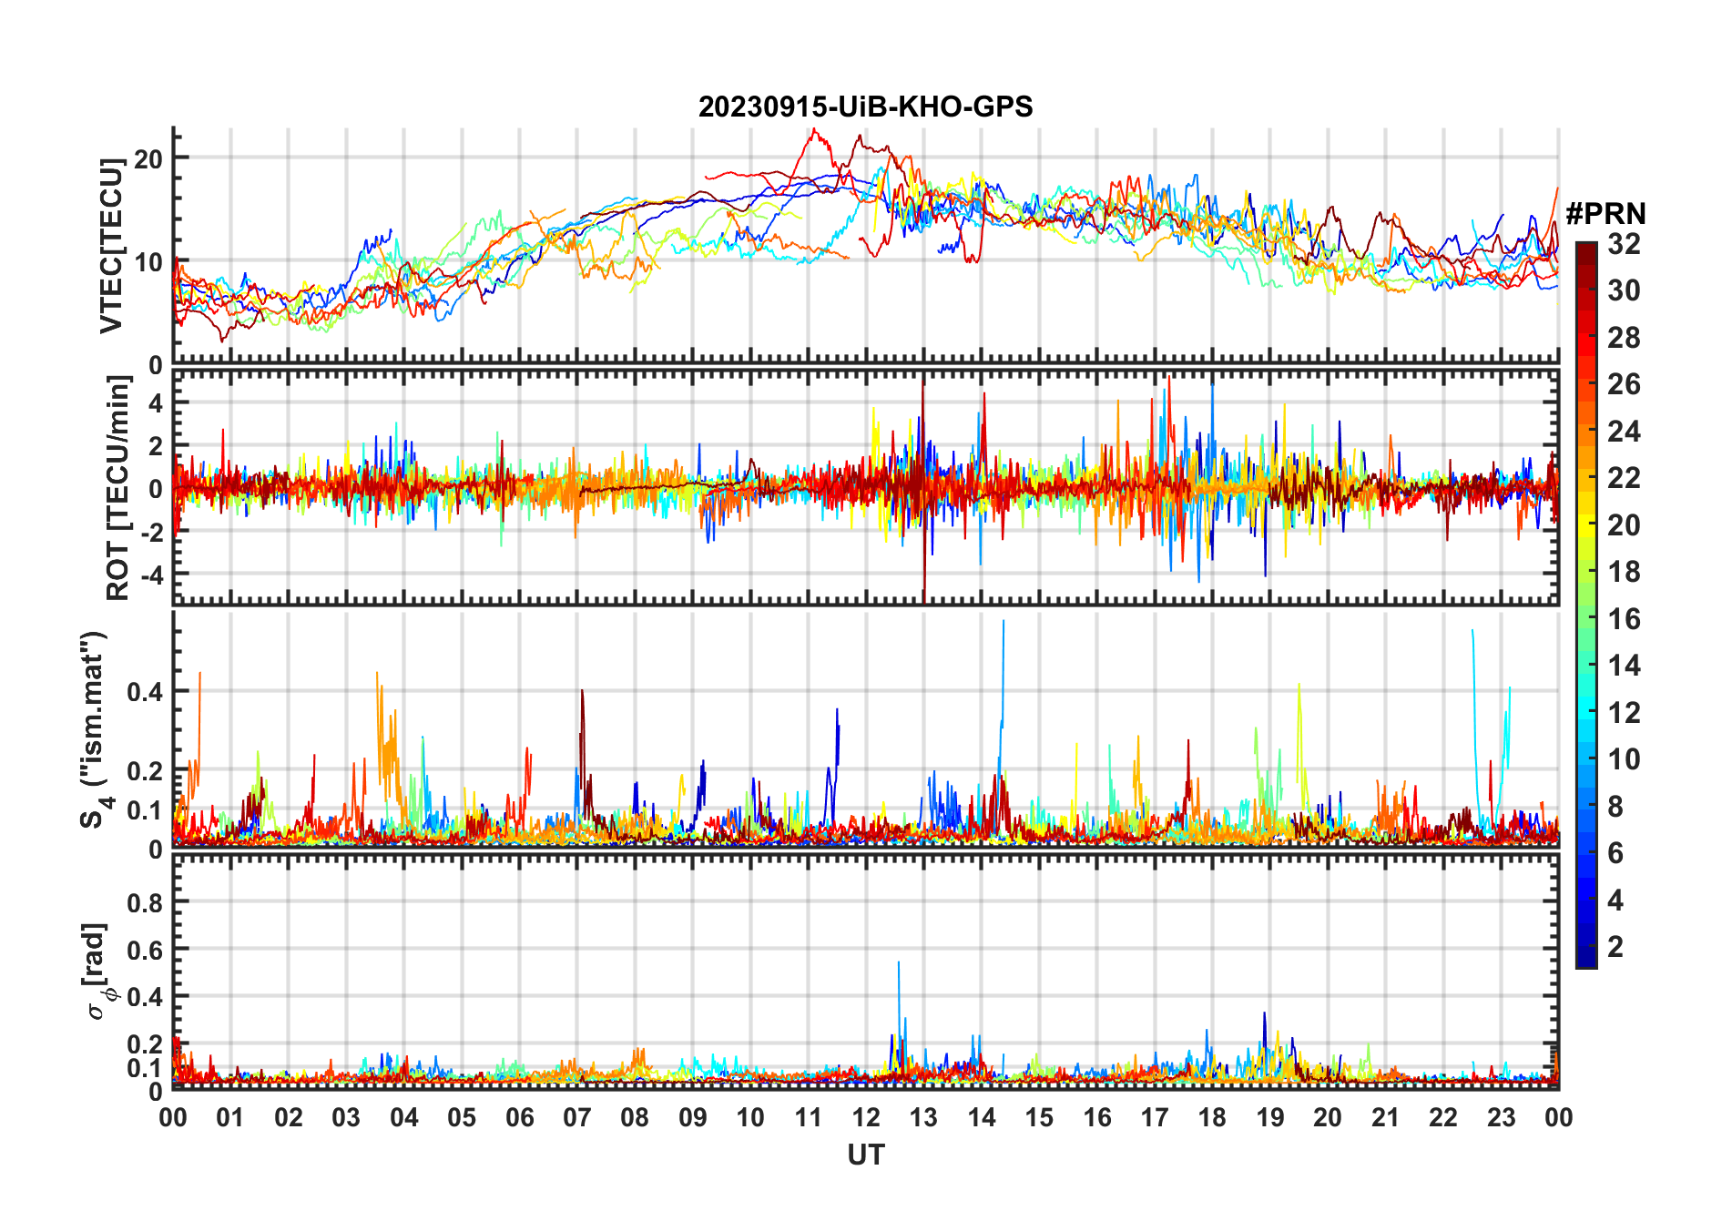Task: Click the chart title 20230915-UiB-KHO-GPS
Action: (x=865, y=107)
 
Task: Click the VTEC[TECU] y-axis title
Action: (x=111, y=246)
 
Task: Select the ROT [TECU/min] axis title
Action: (x=118, y=488)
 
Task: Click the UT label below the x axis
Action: (x=865, y=1155)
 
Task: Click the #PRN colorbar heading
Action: (x=1605, y=214)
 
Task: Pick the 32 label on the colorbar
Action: (x=1624, y=244)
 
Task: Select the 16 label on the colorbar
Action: (x=1624, y=619)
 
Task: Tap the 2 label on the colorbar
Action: (x=1615, y=947)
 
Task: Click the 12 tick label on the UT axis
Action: (x=865, y=1117)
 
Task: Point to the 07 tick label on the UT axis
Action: (x=577, y=1117)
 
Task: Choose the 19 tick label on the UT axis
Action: (x=1269, y=1117)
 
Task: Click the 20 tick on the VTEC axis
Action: (x=148, y=158)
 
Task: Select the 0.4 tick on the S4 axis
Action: (x=145, y=691)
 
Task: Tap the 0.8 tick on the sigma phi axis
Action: (x=145, y=902)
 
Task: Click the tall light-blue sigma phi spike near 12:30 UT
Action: (x=899, y=963)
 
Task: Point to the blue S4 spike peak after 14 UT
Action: (x=1004, y=623)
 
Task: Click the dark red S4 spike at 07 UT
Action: (x=582, y=692)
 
